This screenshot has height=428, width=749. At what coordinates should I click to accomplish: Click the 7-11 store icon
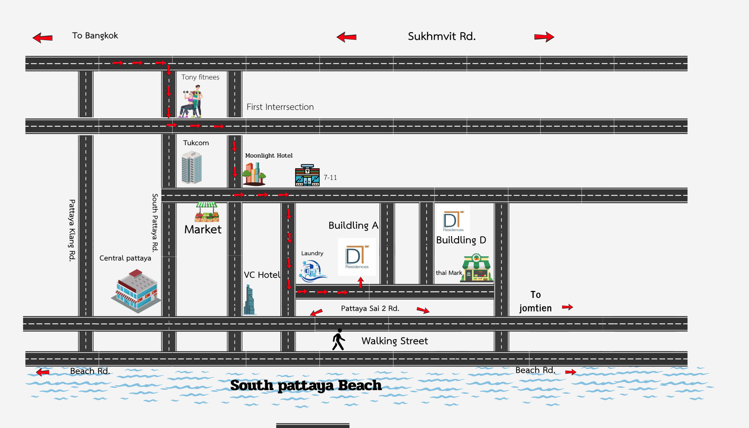click(x=307, y=175)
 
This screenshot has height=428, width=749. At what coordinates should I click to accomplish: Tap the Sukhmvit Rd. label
click(x=442, y=37)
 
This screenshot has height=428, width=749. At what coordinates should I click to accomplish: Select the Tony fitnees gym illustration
click(x=191, y=102)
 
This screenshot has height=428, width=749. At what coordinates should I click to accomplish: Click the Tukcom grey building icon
click(x=192, y=168)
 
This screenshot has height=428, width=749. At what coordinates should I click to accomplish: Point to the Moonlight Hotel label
click(x=269, y=156)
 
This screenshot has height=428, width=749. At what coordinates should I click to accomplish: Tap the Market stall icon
click(x=207, y=212)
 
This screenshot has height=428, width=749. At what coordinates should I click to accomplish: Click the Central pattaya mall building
click(x=136, y=291)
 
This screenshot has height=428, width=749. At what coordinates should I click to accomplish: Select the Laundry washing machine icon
click(x=312, y=271)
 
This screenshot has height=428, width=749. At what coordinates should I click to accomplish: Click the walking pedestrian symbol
click(x=338, y=340)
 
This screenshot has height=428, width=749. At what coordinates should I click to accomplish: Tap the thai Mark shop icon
click(x=476, y=268)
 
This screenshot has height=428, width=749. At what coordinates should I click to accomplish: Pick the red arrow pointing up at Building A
click(x=361, y=282)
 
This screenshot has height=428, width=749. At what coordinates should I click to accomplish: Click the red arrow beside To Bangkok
click(x=43, y=38)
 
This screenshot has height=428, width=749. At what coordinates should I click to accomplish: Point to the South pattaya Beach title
click(x=306, y=385)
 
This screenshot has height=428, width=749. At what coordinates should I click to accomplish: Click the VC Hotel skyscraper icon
click(x=249, y=300)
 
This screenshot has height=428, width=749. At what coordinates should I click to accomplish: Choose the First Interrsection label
click(x=280, y=107)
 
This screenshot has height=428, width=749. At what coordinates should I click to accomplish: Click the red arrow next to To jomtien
click(x=567, y=307)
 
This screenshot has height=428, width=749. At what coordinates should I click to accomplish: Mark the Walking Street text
click(x=394, y=341)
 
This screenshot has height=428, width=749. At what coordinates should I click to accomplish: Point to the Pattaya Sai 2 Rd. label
click(x=370, y=308)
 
